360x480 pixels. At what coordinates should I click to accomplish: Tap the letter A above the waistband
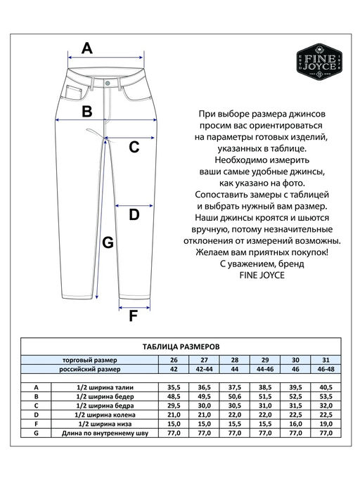coord(86,48)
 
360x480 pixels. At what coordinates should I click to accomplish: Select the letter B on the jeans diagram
coord(86,111)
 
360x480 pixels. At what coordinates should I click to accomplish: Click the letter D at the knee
coord(134,215)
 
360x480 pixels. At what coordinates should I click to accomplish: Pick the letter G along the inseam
coord(108,242)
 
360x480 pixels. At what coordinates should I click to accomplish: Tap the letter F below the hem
coord(134,316)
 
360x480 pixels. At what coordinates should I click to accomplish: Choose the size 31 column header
coord(325,360)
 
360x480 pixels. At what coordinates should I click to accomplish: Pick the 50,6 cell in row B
coord(235,397)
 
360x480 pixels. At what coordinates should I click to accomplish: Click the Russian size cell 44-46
coord(265,369)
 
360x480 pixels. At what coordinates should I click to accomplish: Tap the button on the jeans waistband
coord(108,82)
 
